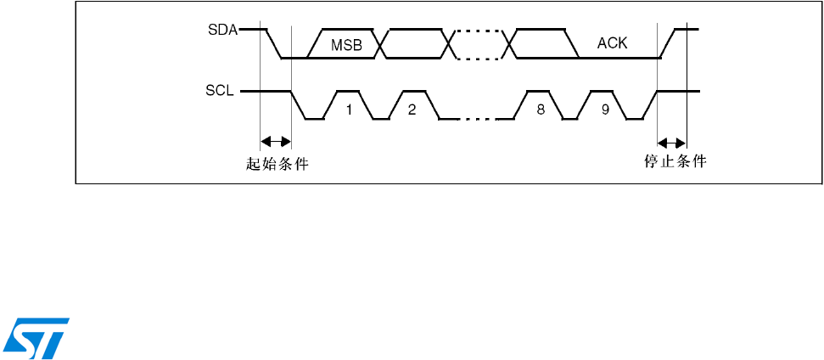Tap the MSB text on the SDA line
coord(346,46)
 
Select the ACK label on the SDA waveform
coord(612,43)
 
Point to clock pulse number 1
coord(348,110)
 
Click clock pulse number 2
coord(412,110)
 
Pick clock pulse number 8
coord(541,110)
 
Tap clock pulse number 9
coord(604,110)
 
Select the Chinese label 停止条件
coord(675,160)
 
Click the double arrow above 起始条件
coord(275,141)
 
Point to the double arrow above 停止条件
coord(672,141)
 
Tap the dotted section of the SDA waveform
coord(477,44)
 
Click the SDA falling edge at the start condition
coord(273,44)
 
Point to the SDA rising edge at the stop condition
coord(670,44)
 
